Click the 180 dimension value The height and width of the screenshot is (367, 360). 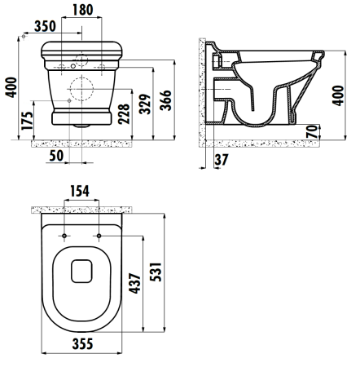pos(82,10)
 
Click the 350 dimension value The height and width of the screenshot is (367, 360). pos(45,26)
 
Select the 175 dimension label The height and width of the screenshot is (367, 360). pos(28,121)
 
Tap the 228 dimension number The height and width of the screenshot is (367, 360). pos(124,114)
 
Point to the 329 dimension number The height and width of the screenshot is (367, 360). pos(145,104)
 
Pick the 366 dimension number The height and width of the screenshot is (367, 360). pos(165,100)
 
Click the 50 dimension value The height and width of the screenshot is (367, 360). pos(56,156)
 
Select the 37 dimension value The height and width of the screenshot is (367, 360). pos(222,160)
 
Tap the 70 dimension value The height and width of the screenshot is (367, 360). pos(312,131)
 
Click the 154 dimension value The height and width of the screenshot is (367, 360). pos(80,191)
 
